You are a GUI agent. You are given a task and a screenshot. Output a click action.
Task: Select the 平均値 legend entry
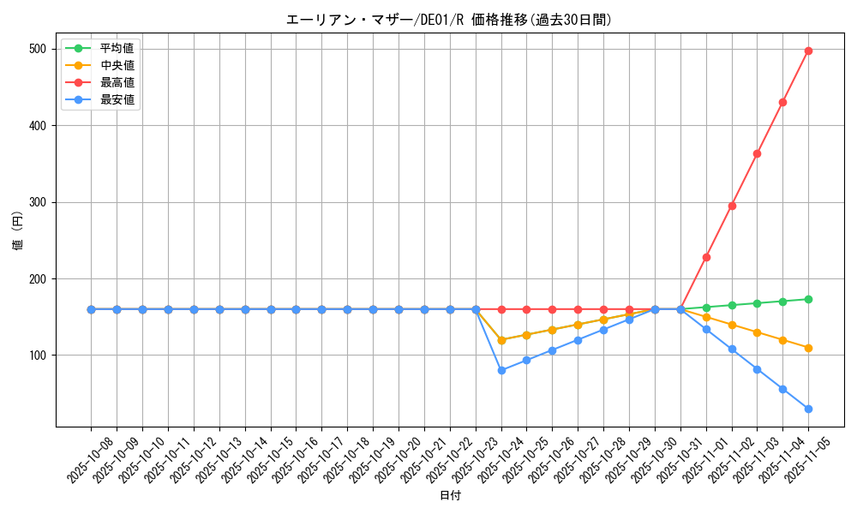(117, 48)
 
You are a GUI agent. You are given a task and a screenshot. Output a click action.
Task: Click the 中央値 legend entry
(117, 65)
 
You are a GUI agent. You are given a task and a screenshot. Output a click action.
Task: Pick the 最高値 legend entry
(117, 82)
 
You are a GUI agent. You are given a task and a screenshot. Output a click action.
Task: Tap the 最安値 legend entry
(117, 99)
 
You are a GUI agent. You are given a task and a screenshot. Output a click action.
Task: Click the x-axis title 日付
(449, 496)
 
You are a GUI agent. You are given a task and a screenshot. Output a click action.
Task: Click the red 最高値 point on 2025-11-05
(808, 51)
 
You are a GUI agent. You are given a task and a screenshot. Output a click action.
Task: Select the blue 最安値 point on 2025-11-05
(808, 409)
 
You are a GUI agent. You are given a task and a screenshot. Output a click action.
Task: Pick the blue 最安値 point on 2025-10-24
(501, 370)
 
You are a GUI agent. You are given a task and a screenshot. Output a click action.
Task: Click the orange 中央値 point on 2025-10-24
(501, 340)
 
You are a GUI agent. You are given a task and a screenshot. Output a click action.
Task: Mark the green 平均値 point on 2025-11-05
(808, 299)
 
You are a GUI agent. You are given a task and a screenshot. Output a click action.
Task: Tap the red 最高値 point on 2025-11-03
(757, 153)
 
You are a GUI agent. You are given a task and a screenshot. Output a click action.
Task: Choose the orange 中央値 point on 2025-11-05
(808, 348)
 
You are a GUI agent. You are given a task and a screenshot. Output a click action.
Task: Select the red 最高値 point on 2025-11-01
(706, 257)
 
